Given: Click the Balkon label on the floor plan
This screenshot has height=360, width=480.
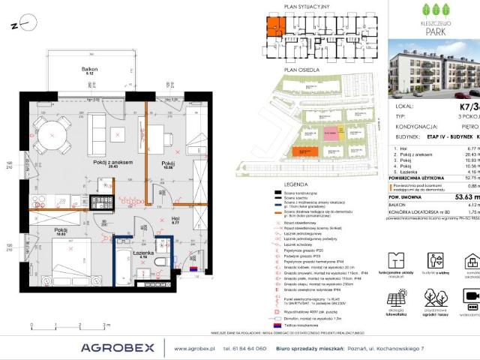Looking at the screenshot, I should tap(89, 70).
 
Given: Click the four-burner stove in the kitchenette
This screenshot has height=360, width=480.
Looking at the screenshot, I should tap(100, 202).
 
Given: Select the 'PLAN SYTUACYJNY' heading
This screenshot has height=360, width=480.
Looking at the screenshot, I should tap(301, 4).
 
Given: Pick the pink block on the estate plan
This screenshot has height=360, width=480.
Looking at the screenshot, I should tap(331, 133).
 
